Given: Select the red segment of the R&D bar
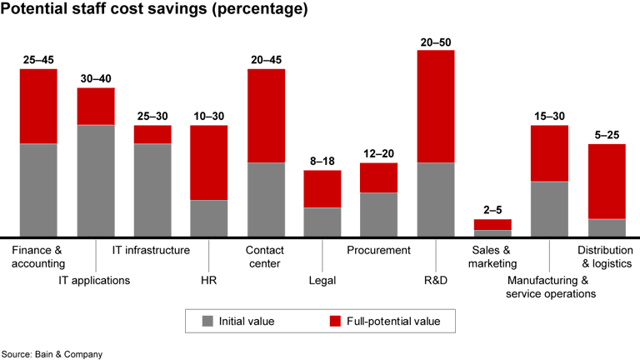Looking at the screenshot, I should (x=436, y=106).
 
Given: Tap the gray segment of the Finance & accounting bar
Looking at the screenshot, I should (x=38, y=190).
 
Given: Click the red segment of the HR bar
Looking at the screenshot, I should (x=209, y=162).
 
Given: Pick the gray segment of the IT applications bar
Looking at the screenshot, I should (x=96, y=180).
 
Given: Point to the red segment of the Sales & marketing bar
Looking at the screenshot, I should (x=492, y=224).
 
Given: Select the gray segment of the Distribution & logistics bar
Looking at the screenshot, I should (x=607, y=227).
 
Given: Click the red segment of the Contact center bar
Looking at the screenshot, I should (x=266, y=115).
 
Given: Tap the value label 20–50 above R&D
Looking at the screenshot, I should (x=436, y=42).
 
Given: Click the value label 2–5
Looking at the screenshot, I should (x=492, y=211).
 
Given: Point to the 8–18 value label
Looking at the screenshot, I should (x=322, y=162).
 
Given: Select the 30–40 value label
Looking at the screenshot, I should (x=96, y=79).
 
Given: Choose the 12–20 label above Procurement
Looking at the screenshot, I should (x=379, y=154).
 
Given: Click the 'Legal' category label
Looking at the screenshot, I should (x=322, y=280).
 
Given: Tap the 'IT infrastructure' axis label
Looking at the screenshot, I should (x=151, y=250).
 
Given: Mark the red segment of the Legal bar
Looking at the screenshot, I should (x=322, y=188).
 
